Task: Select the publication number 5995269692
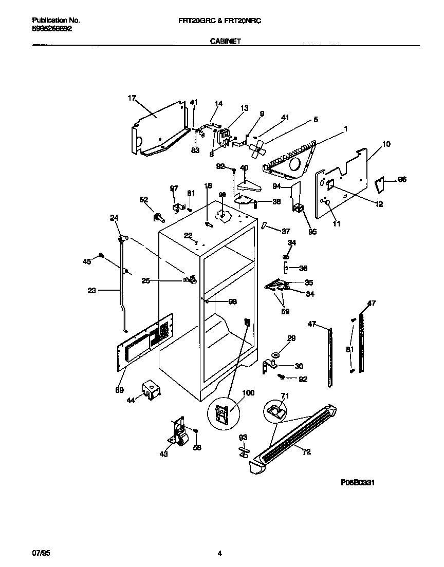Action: [x=52, y=29]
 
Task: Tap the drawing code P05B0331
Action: [x=357, y=483]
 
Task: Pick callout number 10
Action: [x=386, y=144]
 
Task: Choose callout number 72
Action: [x=306, y=452]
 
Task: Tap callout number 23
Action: [x=92, y=290]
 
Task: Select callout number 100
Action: [x=248, y=393]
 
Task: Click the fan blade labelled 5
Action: [x=256, y=148]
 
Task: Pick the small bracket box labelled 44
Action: [x=152, y=390]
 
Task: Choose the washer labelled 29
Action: [x=276, y=354]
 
